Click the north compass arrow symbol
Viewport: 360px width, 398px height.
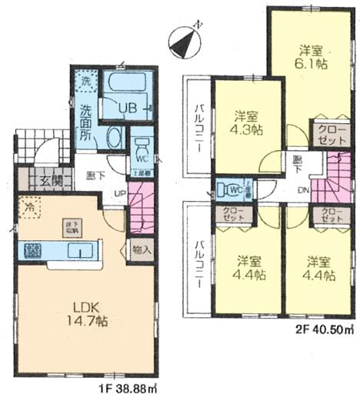185,42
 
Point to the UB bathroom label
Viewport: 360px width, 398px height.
128,109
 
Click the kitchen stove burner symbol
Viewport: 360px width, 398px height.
32,250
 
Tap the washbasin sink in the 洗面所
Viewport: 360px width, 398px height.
112,139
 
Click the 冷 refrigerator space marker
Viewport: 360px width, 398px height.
28,207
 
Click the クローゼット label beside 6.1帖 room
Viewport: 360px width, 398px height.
325,135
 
